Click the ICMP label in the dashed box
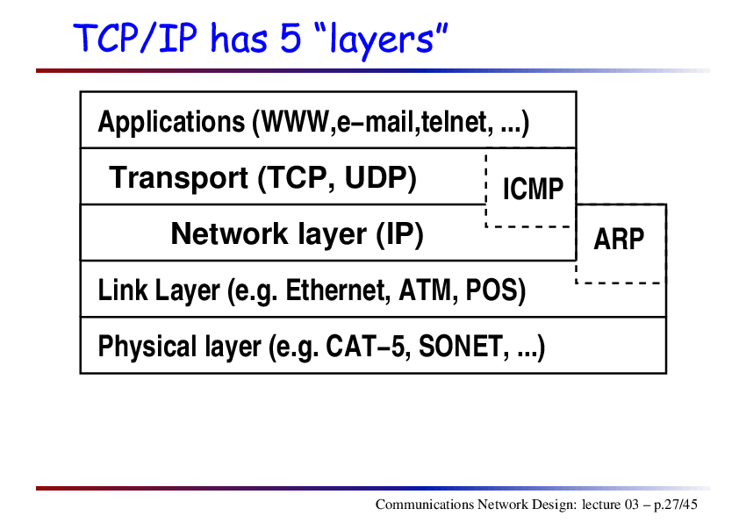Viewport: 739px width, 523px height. pos(533,189)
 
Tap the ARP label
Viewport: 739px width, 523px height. pos(619,239)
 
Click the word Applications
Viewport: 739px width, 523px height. pos(171,123)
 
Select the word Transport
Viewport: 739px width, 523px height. pos(179,179)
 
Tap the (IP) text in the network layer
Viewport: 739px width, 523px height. pos(399,234)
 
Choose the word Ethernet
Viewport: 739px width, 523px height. pos(338,290)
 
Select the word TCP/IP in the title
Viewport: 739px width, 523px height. pos(135,38)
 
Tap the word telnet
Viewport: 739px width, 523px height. pos(454,122)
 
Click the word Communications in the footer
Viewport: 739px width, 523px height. pos(424,505)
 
